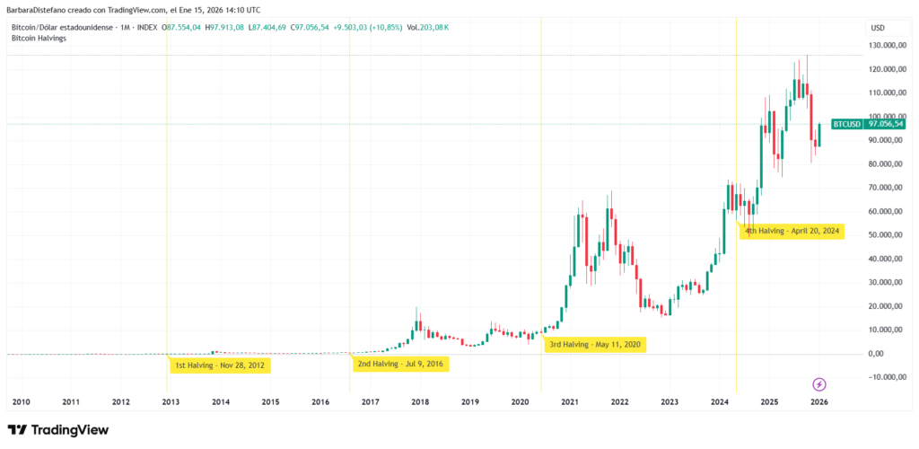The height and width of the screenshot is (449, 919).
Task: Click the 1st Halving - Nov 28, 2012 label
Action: pos(220,365)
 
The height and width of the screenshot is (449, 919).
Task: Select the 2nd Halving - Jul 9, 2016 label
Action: pos(401,364)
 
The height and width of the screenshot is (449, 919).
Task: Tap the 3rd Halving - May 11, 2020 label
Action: pos(594,344)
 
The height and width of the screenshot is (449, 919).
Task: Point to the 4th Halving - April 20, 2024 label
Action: pos(792,231)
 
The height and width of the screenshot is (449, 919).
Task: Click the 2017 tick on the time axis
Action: pos(369,402)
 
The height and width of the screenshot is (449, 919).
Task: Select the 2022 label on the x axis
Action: pos(619,402)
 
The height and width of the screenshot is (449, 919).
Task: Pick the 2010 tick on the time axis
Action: pos(21,402)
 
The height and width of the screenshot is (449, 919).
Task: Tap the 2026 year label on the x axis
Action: pos(818,402)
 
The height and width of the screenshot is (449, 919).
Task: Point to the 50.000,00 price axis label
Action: pos(888,234)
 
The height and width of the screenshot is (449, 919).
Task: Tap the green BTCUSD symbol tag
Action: pos(846,124)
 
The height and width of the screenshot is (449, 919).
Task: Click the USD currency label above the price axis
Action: pos(877,28)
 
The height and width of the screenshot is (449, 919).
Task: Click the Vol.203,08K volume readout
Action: pos(428,28)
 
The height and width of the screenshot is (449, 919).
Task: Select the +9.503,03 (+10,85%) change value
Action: pos(367,28)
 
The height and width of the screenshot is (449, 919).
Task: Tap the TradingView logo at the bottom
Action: pos(58,430)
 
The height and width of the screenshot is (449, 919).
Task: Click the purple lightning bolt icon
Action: pos(819,384)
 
